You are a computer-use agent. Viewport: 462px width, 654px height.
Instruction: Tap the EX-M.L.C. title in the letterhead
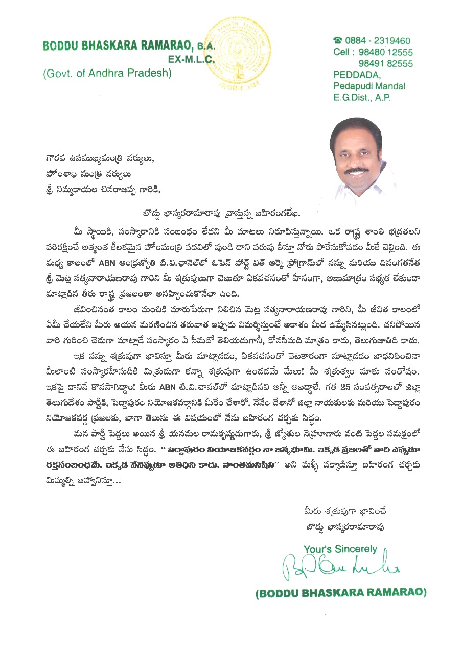192,59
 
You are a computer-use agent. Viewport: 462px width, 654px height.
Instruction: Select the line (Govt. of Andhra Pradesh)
107,73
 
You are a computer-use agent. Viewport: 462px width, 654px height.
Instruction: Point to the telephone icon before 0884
337,40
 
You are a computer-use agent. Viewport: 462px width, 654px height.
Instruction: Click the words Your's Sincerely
340,549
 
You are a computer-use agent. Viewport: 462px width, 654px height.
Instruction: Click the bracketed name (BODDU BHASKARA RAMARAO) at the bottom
341,593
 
